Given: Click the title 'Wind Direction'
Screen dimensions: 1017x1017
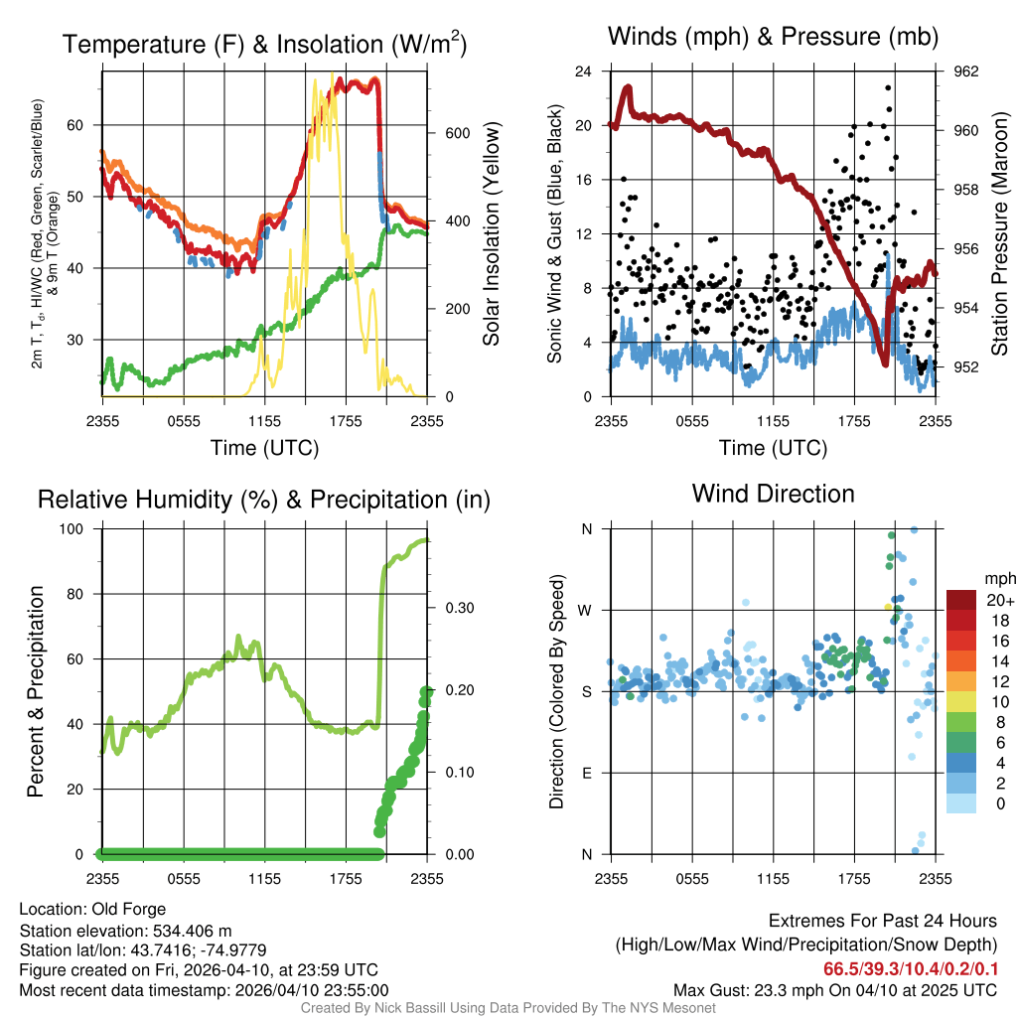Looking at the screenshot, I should (773, 494).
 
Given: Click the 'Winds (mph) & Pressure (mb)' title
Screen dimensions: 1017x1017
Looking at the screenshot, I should (773, 38).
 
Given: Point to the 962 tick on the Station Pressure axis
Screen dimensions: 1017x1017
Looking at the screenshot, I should (966, 72).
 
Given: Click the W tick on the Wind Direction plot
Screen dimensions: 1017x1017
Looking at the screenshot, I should (586, 610).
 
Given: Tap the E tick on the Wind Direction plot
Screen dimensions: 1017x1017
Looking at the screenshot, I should (586, 773).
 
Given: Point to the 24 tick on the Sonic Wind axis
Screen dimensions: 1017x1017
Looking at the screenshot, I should (584, 72).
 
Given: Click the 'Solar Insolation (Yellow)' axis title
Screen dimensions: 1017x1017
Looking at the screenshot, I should (492, 234).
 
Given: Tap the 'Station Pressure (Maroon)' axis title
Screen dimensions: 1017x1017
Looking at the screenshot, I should (1000, 234).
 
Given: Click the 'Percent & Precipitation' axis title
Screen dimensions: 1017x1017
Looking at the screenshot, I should (36, 691).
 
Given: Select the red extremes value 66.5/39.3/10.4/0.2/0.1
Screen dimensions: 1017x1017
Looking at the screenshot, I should (910, 968).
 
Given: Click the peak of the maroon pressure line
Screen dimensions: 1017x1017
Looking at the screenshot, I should (628, 87).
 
